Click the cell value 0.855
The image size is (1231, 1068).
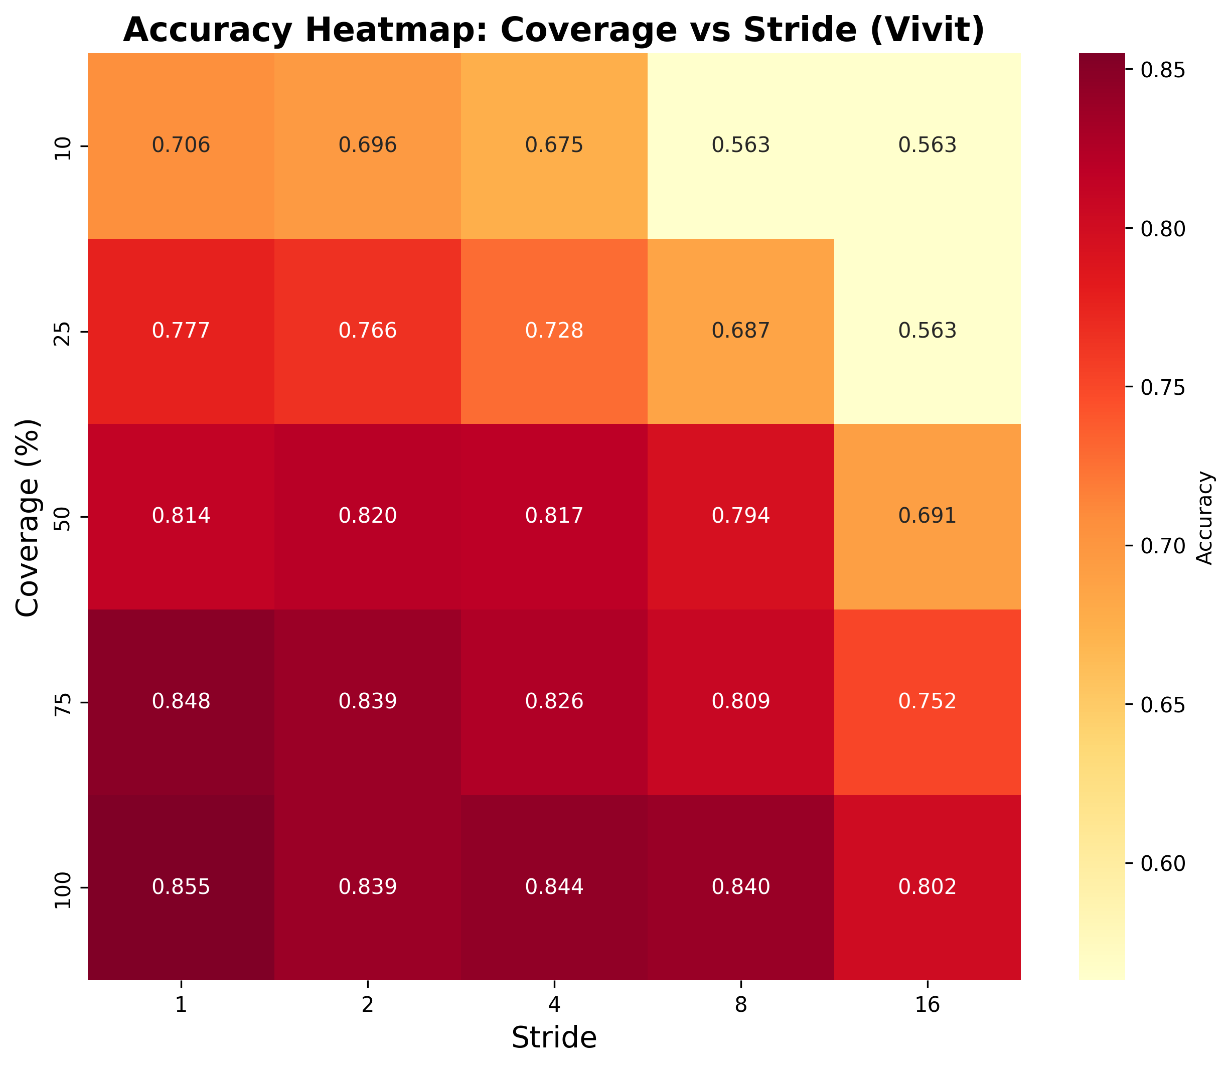point(181,887)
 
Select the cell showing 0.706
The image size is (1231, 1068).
point(181,145)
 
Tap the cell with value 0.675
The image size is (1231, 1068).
point(554,145)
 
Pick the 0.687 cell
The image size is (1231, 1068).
point(740,331)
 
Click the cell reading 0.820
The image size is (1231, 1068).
point(368,516)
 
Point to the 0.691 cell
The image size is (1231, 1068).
point(927,516)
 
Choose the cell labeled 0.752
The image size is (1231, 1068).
point(927,701)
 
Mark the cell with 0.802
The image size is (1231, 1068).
point(927,887)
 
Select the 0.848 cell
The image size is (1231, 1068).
point(181,701)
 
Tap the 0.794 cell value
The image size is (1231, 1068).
point(740,516)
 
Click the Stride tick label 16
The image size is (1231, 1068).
point(927,1006)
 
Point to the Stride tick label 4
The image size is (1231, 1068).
point(554,1006)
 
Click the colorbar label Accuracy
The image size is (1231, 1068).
point(1205,517)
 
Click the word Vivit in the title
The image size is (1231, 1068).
point(923,30)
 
